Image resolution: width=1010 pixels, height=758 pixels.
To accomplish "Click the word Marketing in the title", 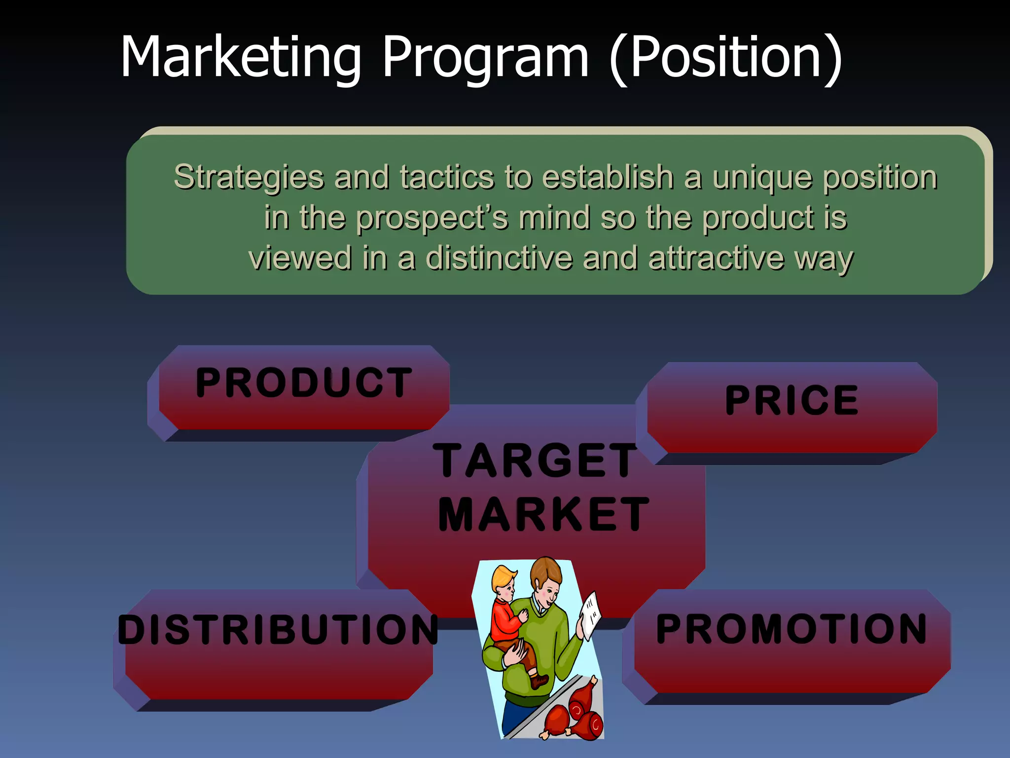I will coord(241,57).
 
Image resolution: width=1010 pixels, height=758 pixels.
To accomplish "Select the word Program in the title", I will coord(485,57).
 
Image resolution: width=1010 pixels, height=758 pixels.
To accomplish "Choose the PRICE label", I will coord(792,400).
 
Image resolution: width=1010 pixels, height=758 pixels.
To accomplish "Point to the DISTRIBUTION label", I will coord(278,630).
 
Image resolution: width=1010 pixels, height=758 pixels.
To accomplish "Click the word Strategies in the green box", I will coord(249,178).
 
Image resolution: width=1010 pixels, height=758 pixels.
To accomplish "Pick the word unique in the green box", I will coord(762,178).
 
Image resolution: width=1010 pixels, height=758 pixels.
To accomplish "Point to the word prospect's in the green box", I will coord(432,218).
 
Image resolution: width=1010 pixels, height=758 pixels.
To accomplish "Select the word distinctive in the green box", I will coord(499,258).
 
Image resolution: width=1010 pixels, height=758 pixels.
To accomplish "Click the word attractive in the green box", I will coord(716,258).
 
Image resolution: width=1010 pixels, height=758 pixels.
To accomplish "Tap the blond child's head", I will coord(503,582).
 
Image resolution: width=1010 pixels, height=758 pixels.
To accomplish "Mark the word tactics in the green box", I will coord(447,178).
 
